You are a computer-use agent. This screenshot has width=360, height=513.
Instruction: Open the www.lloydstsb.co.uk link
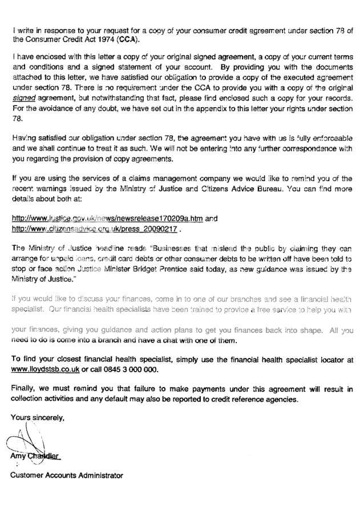46,369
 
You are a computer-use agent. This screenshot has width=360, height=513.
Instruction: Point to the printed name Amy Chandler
35,457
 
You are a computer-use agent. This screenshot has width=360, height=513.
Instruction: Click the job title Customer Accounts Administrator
67,475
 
